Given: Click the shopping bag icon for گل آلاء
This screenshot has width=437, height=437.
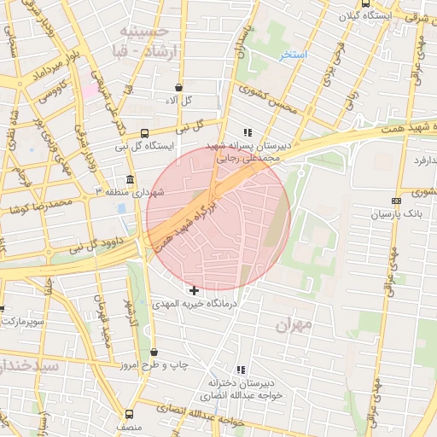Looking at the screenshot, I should (x=178, y=87).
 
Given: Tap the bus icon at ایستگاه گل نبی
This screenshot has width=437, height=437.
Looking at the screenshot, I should (x=144, y=133).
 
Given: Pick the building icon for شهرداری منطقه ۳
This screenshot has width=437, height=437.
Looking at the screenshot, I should (x=130, y=180).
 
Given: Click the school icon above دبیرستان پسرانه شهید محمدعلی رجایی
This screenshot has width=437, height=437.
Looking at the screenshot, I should (x=248, y=132).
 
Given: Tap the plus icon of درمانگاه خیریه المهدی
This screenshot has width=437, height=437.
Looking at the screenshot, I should (x=195, y=291).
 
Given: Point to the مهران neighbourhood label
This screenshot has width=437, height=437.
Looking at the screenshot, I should (x=295, y=325).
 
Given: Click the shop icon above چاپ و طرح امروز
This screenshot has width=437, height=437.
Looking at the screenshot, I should (x=154, y=352).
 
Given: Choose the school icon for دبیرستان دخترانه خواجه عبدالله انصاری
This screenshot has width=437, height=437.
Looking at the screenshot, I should (x=241, y=370).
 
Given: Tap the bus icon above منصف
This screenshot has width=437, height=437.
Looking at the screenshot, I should (x=129, y=413).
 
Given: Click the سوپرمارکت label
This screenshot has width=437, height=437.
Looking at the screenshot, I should (x=20, y=322).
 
